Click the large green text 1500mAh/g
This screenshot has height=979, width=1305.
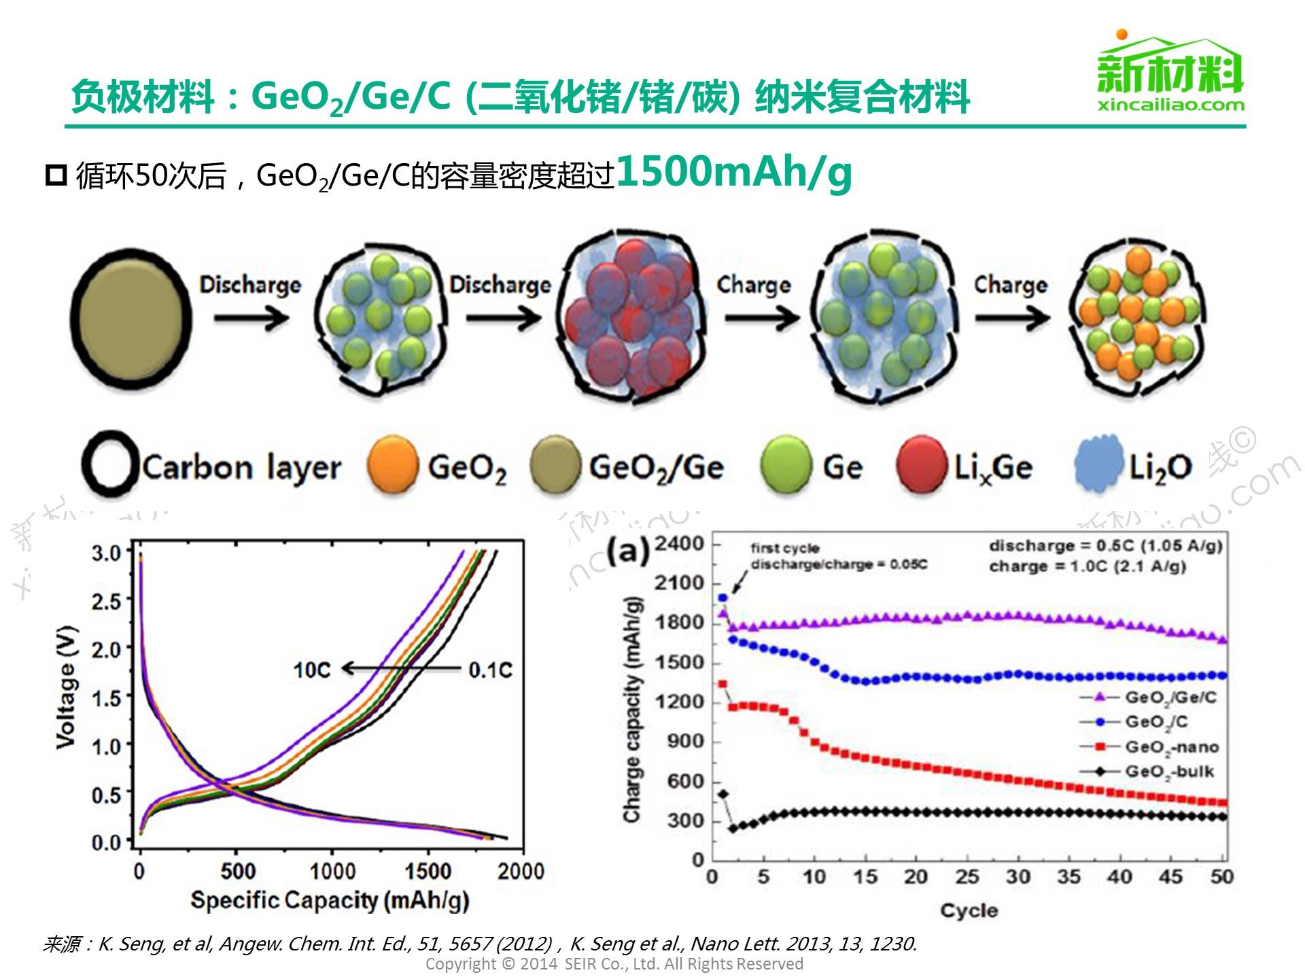click(734, 173)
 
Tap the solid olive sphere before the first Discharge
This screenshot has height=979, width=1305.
click(131, 318)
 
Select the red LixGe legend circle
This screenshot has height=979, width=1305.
click(922, 466)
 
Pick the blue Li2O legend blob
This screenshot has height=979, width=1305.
click(1098, 465)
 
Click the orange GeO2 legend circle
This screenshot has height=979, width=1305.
click(392, 466)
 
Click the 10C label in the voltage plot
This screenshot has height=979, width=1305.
click(311, 670)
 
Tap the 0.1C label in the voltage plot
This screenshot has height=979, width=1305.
click(490, 670)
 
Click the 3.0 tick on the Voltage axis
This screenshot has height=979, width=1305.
click(106, 553)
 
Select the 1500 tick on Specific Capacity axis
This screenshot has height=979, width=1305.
click(428, 871)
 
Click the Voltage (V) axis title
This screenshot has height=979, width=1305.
click(66, 687)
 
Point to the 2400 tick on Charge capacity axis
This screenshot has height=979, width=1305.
click(679, 544)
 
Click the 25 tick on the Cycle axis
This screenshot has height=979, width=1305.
click(967, 877)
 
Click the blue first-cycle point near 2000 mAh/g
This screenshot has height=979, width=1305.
click(723, 598)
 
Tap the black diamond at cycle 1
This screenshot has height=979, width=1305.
click(723, 793)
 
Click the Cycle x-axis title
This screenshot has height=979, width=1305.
click(969, 910)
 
